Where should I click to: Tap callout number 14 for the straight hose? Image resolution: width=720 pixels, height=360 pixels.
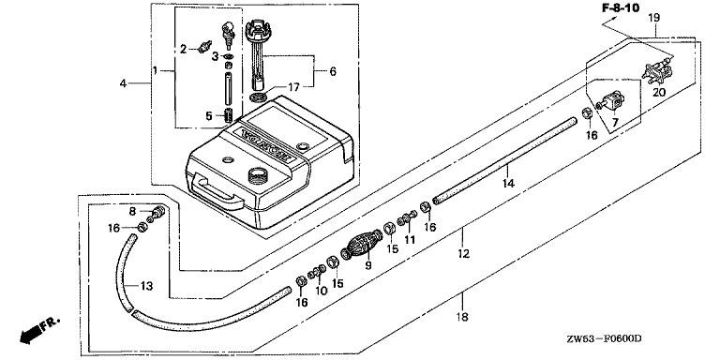click(508, 183)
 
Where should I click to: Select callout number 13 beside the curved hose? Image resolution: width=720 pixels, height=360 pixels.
click(146, 286)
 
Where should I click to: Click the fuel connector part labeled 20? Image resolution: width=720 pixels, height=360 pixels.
click(656, 72)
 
